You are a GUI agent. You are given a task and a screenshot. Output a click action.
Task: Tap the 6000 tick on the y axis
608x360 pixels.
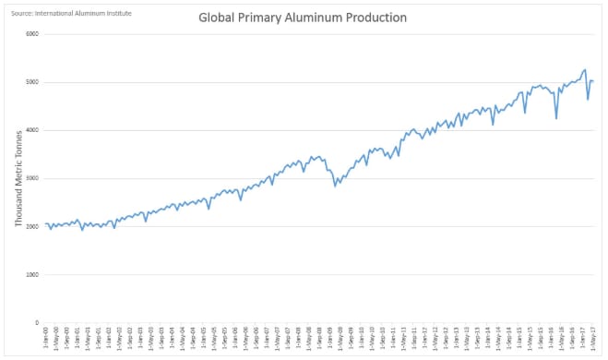[32, 34]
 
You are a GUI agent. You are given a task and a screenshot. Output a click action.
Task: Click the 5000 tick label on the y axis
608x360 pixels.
[32, 82]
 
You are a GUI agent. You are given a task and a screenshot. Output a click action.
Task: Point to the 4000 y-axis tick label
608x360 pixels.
[32, 130]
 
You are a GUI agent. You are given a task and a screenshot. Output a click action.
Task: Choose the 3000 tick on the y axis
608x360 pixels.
[32, 178]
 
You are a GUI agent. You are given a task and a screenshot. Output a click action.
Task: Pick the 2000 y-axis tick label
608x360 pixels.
[32, 226]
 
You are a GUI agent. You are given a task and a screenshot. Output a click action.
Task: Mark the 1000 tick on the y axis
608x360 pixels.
[32, 274]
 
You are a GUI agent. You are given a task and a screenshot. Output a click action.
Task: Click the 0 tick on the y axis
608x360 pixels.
[37, 322]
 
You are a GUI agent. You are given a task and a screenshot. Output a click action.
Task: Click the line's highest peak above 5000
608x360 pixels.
[585, 69]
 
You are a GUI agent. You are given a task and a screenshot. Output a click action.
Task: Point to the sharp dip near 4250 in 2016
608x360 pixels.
[556, 118]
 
